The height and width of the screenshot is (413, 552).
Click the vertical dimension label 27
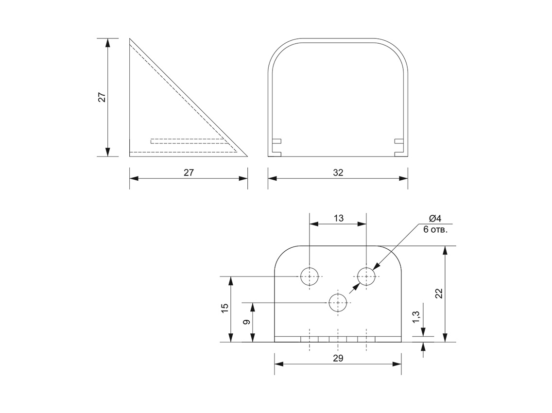[x=102, y=97]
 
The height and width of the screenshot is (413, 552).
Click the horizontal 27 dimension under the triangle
[x=189, y=172]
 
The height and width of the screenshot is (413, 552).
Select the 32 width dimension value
[x=338, y=172]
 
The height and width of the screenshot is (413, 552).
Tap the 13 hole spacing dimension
[x=338, y=218]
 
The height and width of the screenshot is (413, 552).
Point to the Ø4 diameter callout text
[x=435, y=218]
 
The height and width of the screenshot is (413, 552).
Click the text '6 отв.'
[x=435, y=229]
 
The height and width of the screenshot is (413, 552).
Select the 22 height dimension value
[x=439, y=293]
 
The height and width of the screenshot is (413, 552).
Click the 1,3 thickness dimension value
[x=416, y=317]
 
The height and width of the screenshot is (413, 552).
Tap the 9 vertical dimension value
[x=246, y=322]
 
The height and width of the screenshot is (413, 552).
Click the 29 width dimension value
[x=338, y=358]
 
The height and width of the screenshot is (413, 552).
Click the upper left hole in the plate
[x=310, y=276]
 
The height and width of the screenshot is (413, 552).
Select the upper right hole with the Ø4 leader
[x=366, y=276]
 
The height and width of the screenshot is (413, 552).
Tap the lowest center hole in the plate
[x=338, y=302]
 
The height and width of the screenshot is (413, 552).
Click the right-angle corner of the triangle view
[x=130, y=156]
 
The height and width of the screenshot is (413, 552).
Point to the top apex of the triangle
[x=130, y=38]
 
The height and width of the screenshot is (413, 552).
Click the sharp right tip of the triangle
[x=247, y=156]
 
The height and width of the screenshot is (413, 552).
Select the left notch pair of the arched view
[x=276, y=148]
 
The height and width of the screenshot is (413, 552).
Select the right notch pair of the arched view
[x=399, y=148]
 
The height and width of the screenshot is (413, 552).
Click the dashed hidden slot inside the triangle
[x=189, y=141]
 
